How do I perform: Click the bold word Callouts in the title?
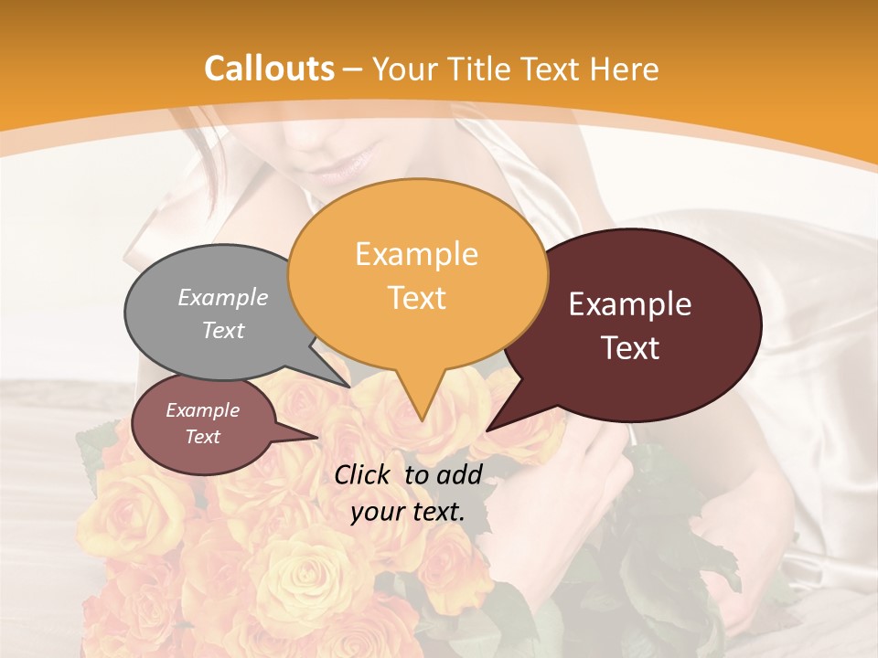(x=269, y=69)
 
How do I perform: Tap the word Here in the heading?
(x=625, y=69)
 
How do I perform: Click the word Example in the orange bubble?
(x=416, y=254)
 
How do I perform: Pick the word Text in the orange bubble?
(x=416, y=298)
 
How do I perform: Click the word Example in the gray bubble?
(x=223, y=298)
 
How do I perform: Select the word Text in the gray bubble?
(x=223, y=330)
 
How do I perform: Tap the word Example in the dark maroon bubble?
(x=630, y=304)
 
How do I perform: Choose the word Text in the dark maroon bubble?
(x=631, y=348)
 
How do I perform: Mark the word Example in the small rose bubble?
(x=202, y=410)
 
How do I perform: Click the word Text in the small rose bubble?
(x=202, y=437)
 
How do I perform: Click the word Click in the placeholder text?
(x=364, y=474)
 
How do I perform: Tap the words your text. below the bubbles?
(x=407, y=512)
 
